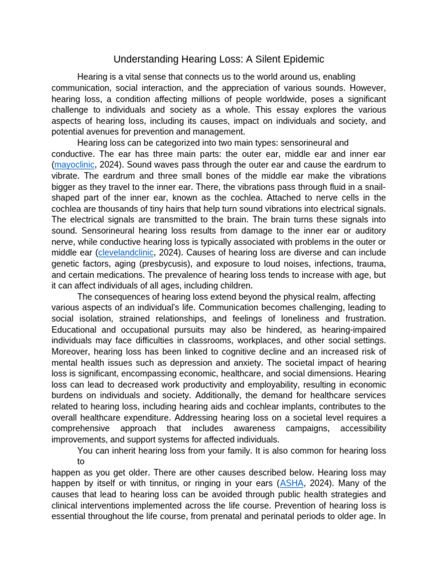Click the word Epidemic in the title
pyautogui.click(x=302, y=59)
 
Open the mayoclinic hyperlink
pyautogui.click(x=75, y=165)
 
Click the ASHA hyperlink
pyautogui.click(x=291, y=483)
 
